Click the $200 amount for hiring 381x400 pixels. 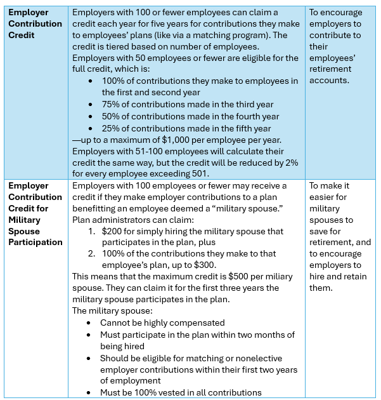click(112, 232)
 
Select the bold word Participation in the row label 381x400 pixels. click(36, 243)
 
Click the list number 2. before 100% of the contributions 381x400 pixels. click(93, 255)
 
